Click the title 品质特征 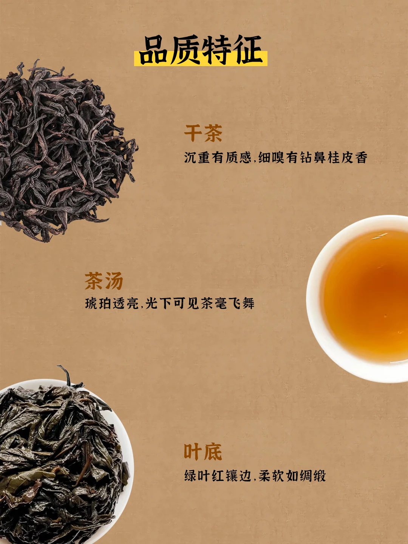coord(201,50)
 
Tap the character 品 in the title coord(154,50)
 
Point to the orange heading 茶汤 coord(104,281)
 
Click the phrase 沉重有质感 coord(218,158)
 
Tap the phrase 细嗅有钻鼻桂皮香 coord(313,158)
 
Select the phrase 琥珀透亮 coord(112,303)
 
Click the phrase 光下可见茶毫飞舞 coord(200,303)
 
